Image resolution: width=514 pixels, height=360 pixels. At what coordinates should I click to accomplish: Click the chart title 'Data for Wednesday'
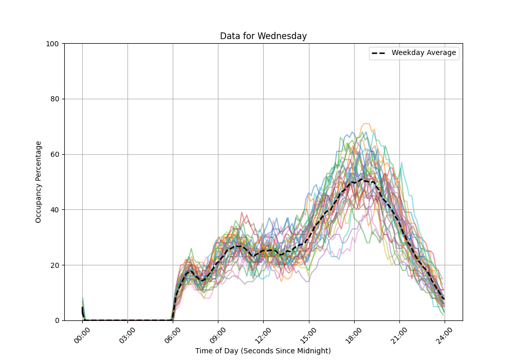(263, 36)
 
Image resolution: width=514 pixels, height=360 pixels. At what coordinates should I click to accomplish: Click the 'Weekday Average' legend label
(424, 53)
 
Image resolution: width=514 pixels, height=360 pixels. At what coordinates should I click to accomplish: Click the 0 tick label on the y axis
(57, 320)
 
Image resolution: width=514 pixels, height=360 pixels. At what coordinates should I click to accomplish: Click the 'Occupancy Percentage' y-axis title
(39, 182)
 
